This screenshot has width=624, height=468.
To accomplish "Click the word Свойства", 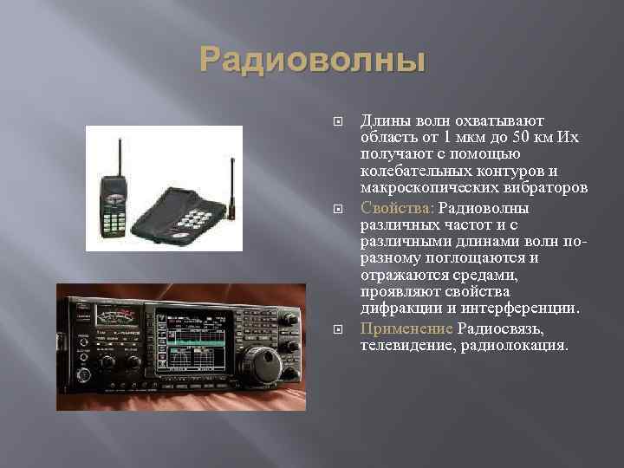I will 397,208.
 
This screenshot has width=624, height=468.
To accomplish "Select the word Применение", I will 406,329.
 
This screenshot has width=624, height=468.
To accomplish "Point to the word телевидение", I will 405,345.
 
